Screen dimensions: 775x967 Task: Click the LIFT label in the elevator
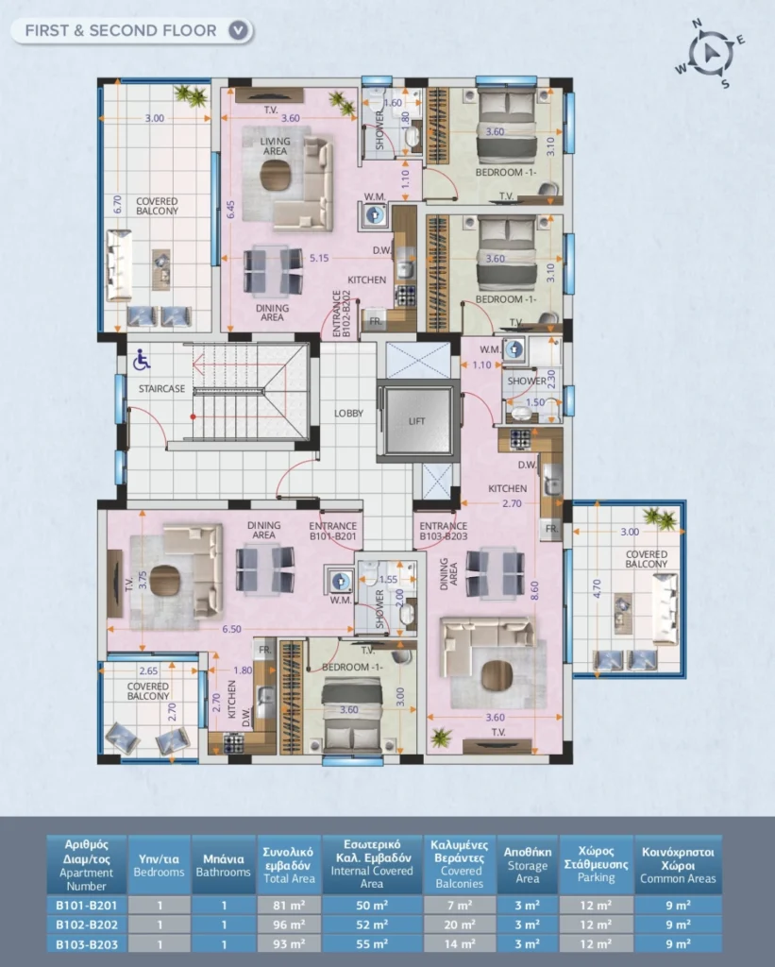(x=417, y=421)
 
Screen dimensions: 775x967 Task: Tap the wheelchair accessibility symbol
(x=142, y=360)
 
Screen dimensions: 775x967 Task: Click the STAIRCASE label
(x=161, y=388)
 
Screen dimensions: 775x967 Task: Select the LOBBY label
(x=348, y=414)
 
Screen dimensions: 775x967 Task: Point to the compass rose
(x=710, y=53)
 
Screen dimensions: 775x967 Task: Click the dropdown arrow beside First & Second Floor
(x=238, y=30)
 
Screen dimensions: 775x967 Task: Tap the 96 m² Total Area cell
(x=289, y=925)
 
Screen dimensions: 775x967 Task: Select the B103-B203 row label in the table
(x=86, y=943)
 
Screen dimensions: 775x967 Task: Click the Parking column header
(x=596, y=864)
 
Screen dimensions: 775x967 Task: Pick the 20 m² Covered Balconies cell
(x=460, y=925)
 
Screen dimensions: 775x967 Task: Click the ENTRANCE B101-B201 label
(x=333, y=531)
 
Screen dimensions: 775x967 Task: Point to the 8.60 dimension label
(x=534, y=591)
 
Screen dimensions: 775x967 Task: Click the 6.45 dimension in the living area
(x=230, y=210)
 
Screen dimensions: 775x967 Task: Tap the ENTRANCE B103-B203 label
(x=444, y=531)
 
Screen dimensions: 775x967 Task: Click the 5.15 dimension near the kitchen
(x=319, y=259)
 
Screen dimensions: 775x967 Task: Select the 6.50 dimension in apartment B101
(x=231, y=629)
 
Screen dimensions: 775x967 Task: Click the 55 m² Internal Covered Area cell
(x=372, y=943)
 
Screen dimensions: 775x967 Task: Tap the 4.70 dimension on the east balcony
(x=597, y=589)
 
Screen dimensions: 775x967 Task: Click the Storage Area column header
(x=527, y=864)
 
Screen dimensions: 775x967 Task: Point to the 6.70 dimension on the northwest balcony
(x=117, y=204)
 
